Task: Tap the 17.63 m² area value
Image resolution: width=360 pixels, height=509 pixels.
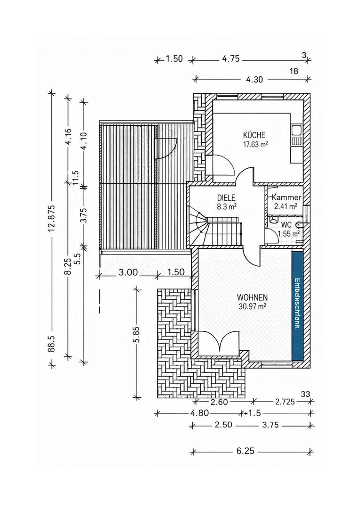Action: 255,144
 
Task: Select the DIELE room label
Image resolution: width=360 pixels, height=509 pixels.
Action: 226,198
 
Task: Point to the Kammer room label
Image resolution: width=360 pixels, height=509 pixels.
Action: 286,198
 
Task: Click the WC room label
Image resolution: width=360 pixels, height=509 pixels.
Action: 286,225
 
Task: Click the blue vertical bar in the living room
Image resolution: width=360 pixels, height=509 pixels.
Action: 297,305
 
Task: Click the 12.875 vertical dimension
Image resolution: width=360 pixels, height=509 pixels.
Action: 51,217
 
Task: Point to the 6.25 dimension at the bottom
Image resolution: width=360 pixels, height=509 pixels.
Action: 245,451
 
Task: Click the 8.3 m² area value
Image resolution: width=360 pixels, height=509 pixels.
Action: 227,206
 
